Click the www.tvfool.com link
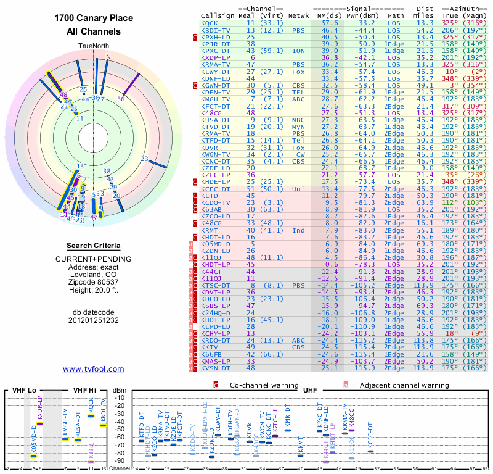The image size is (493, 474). tap(93, 369)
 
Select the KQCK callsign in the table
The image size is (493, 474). tap(209, 23)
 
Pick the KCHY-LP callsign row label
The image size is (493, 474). tap(215, 333)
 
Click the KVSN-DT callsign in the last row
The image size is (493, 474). tap(215, 368)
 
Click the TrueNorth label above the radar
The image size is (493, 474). tap(93, 46)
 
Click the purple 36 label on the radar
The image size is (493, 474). tap(121, 98)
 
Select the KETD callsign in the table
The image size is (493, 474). tap(209, 196)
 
